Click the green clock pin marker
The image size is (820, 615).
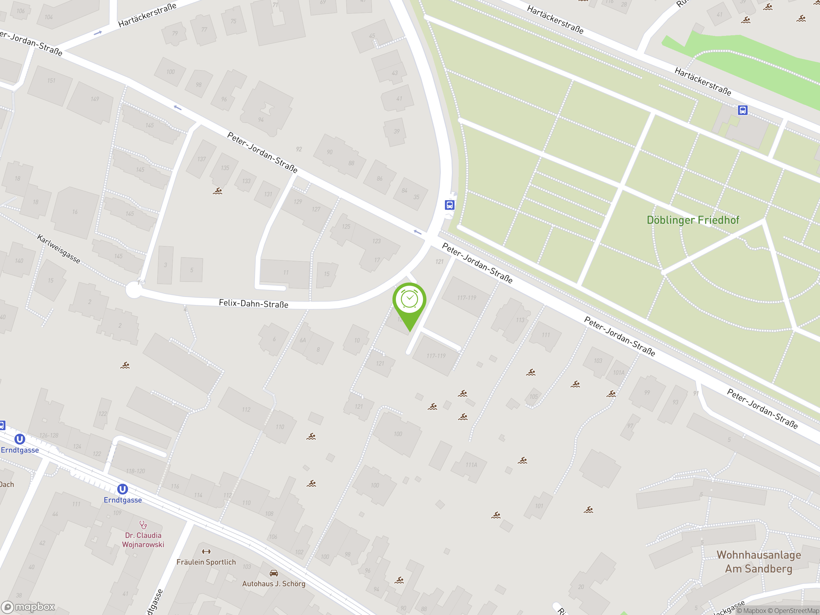pyautogui.click(x=409, y=300)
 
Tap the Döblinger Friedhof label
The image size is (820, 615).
pyautogui.click(x=693, y=220)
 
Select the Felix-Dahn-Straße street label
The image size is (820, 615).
pyautogui.click(x=254, y=304)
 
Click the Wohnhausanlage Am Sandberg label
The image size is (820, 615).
pyautogui.click(x=758, y=562)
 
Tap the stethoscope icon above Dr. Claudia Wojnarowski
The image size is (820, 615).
pyautogui.click(x=143, y=525)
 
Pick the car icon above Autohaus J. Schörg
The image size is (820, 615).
pyautogui.click(x=274, y=573)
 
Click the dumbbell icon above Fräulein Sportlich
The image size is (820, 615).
pyautogui.click(x=206, y=552)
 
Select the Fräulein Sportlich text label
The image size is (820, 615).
pyautogui.click(x=206, y=562)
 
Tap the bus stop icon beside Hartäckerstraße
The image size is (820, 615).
pyautogui.click(x=742, y=110)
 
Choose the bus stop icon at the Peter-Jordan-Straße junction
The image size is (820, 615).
pyautogui.click(x=450, y=205)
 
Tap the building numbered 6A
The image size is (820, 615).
pyautogui.click(x=303, y=340)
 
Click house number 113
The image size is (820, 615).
pyautogui.click(x=520, y=320)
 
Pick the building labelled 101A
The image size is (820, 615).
pyautogui.click(x=618, y=373)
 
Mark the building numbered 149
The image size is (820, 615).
pyautogui.click(x=95, y=99)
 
